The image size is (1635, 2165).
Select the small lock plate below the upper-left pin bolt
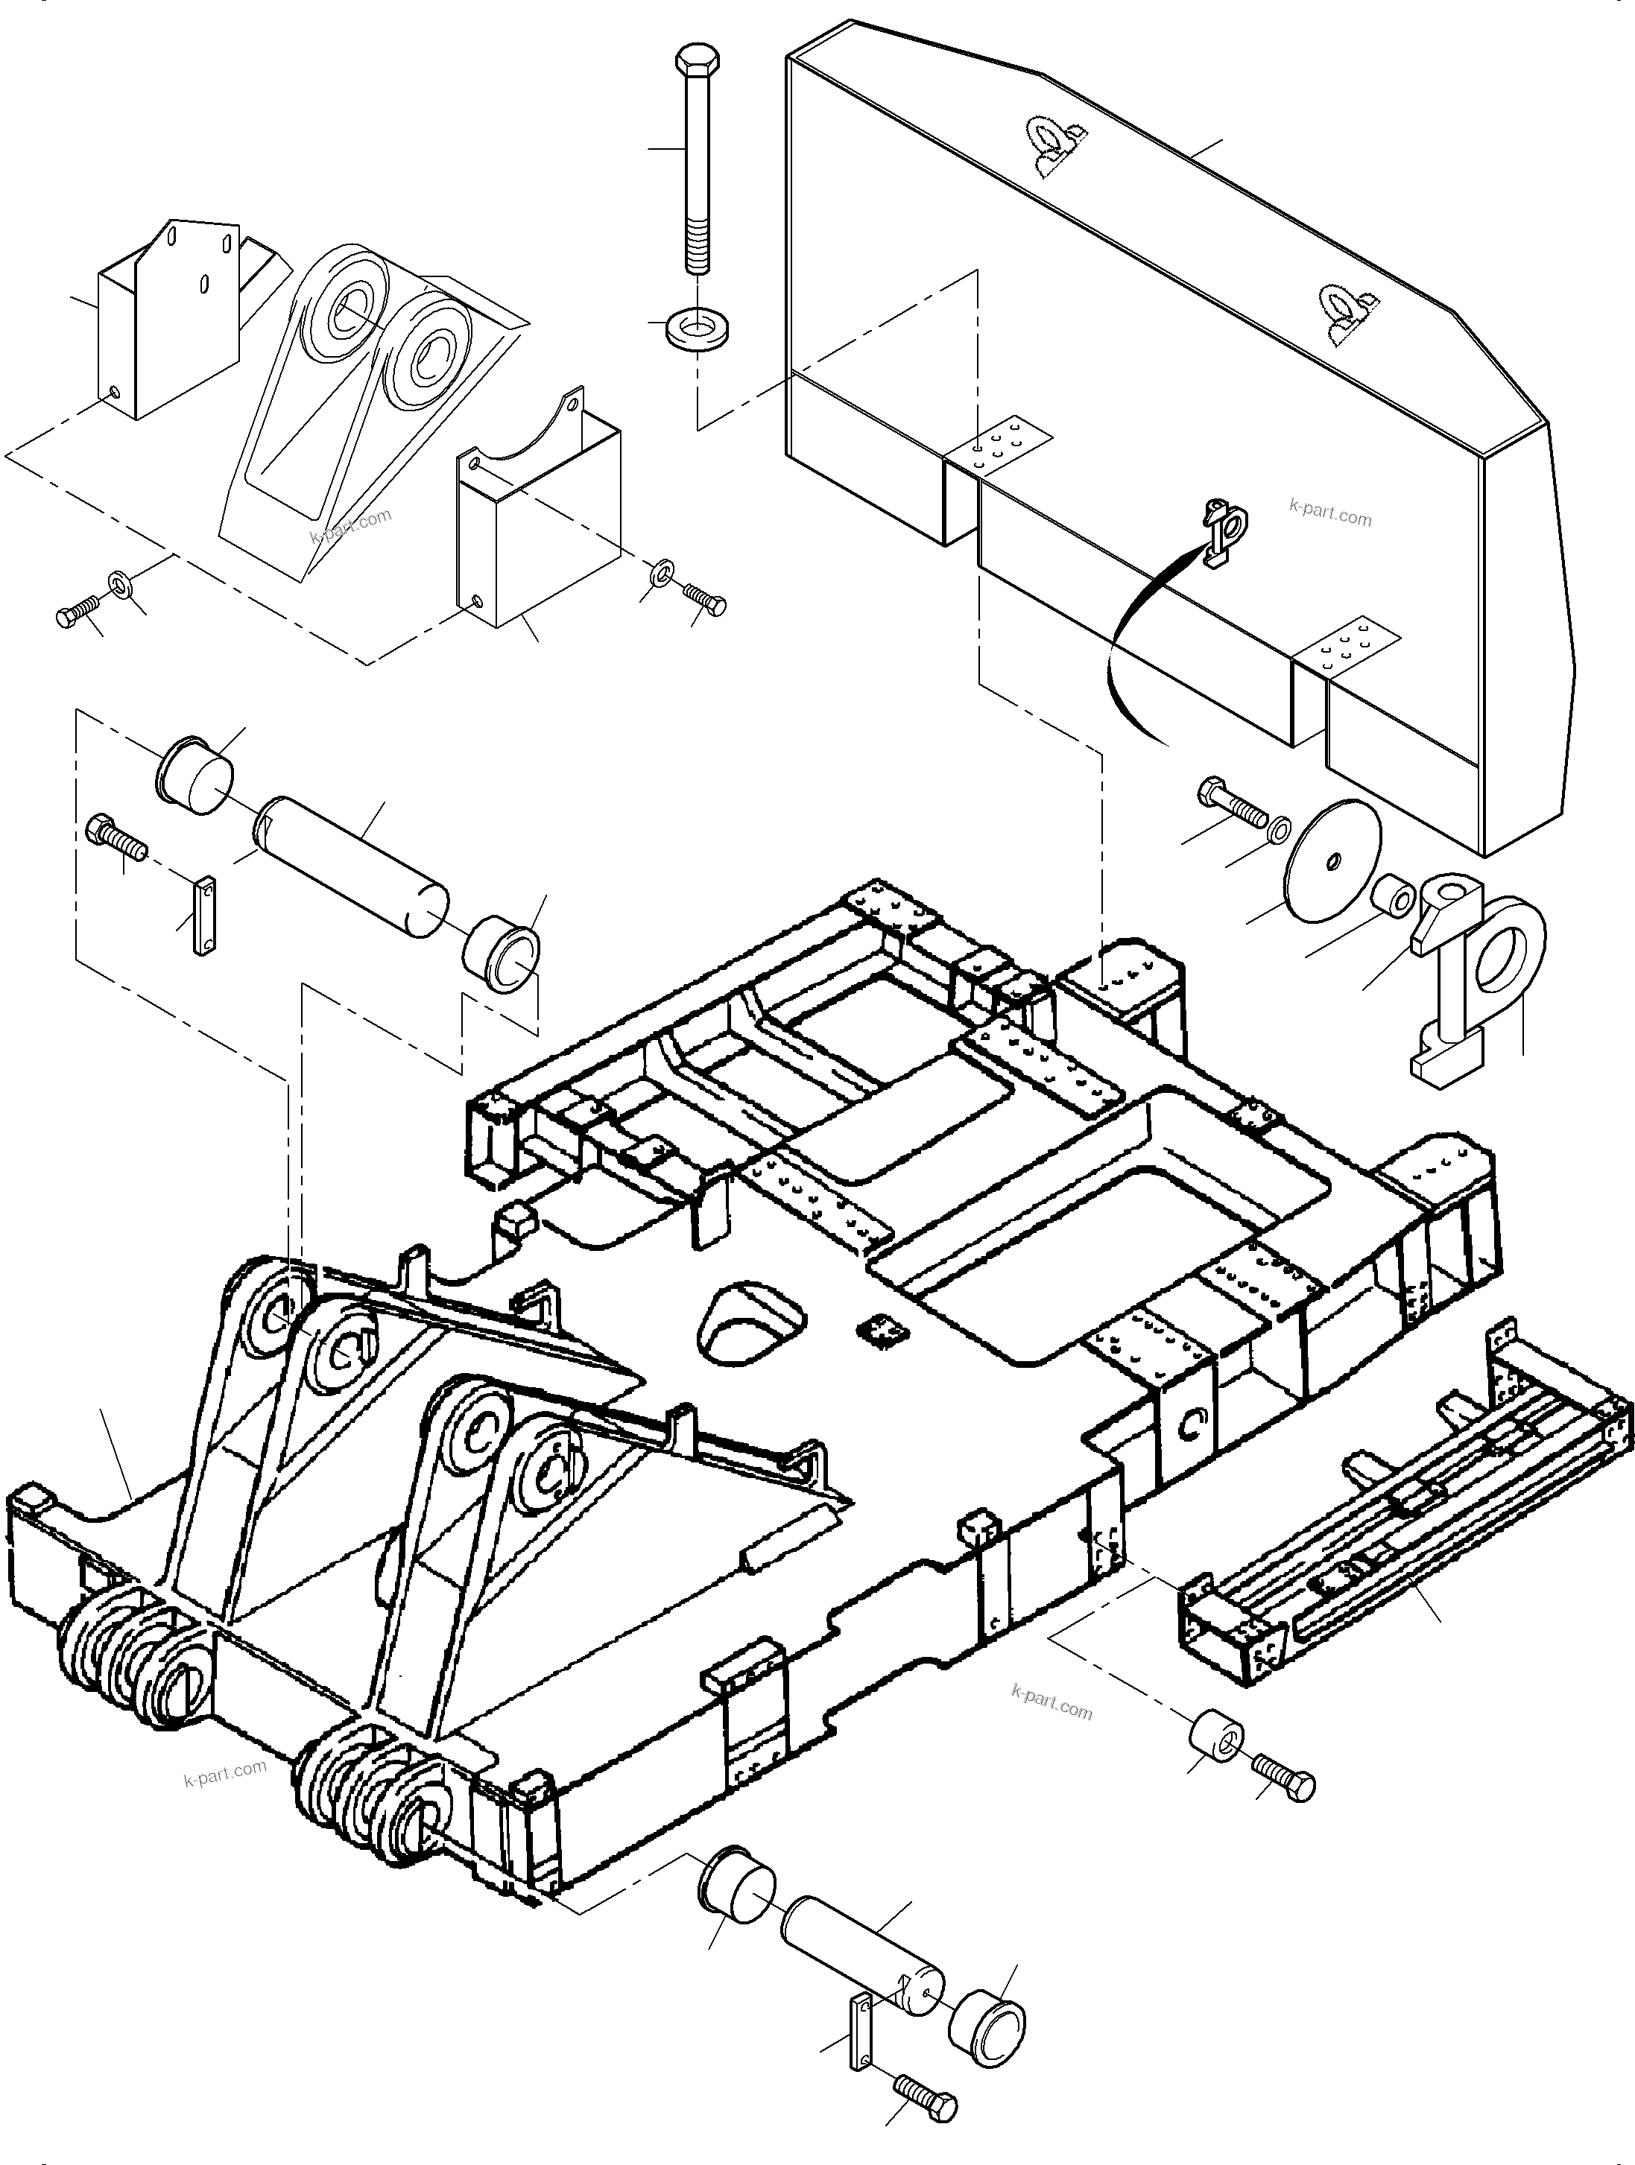[203, 916]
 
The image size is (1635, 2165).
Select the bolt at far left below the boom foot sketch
[76, 612]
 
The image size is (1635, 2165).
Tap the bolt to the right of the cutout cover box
[705, 598]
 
